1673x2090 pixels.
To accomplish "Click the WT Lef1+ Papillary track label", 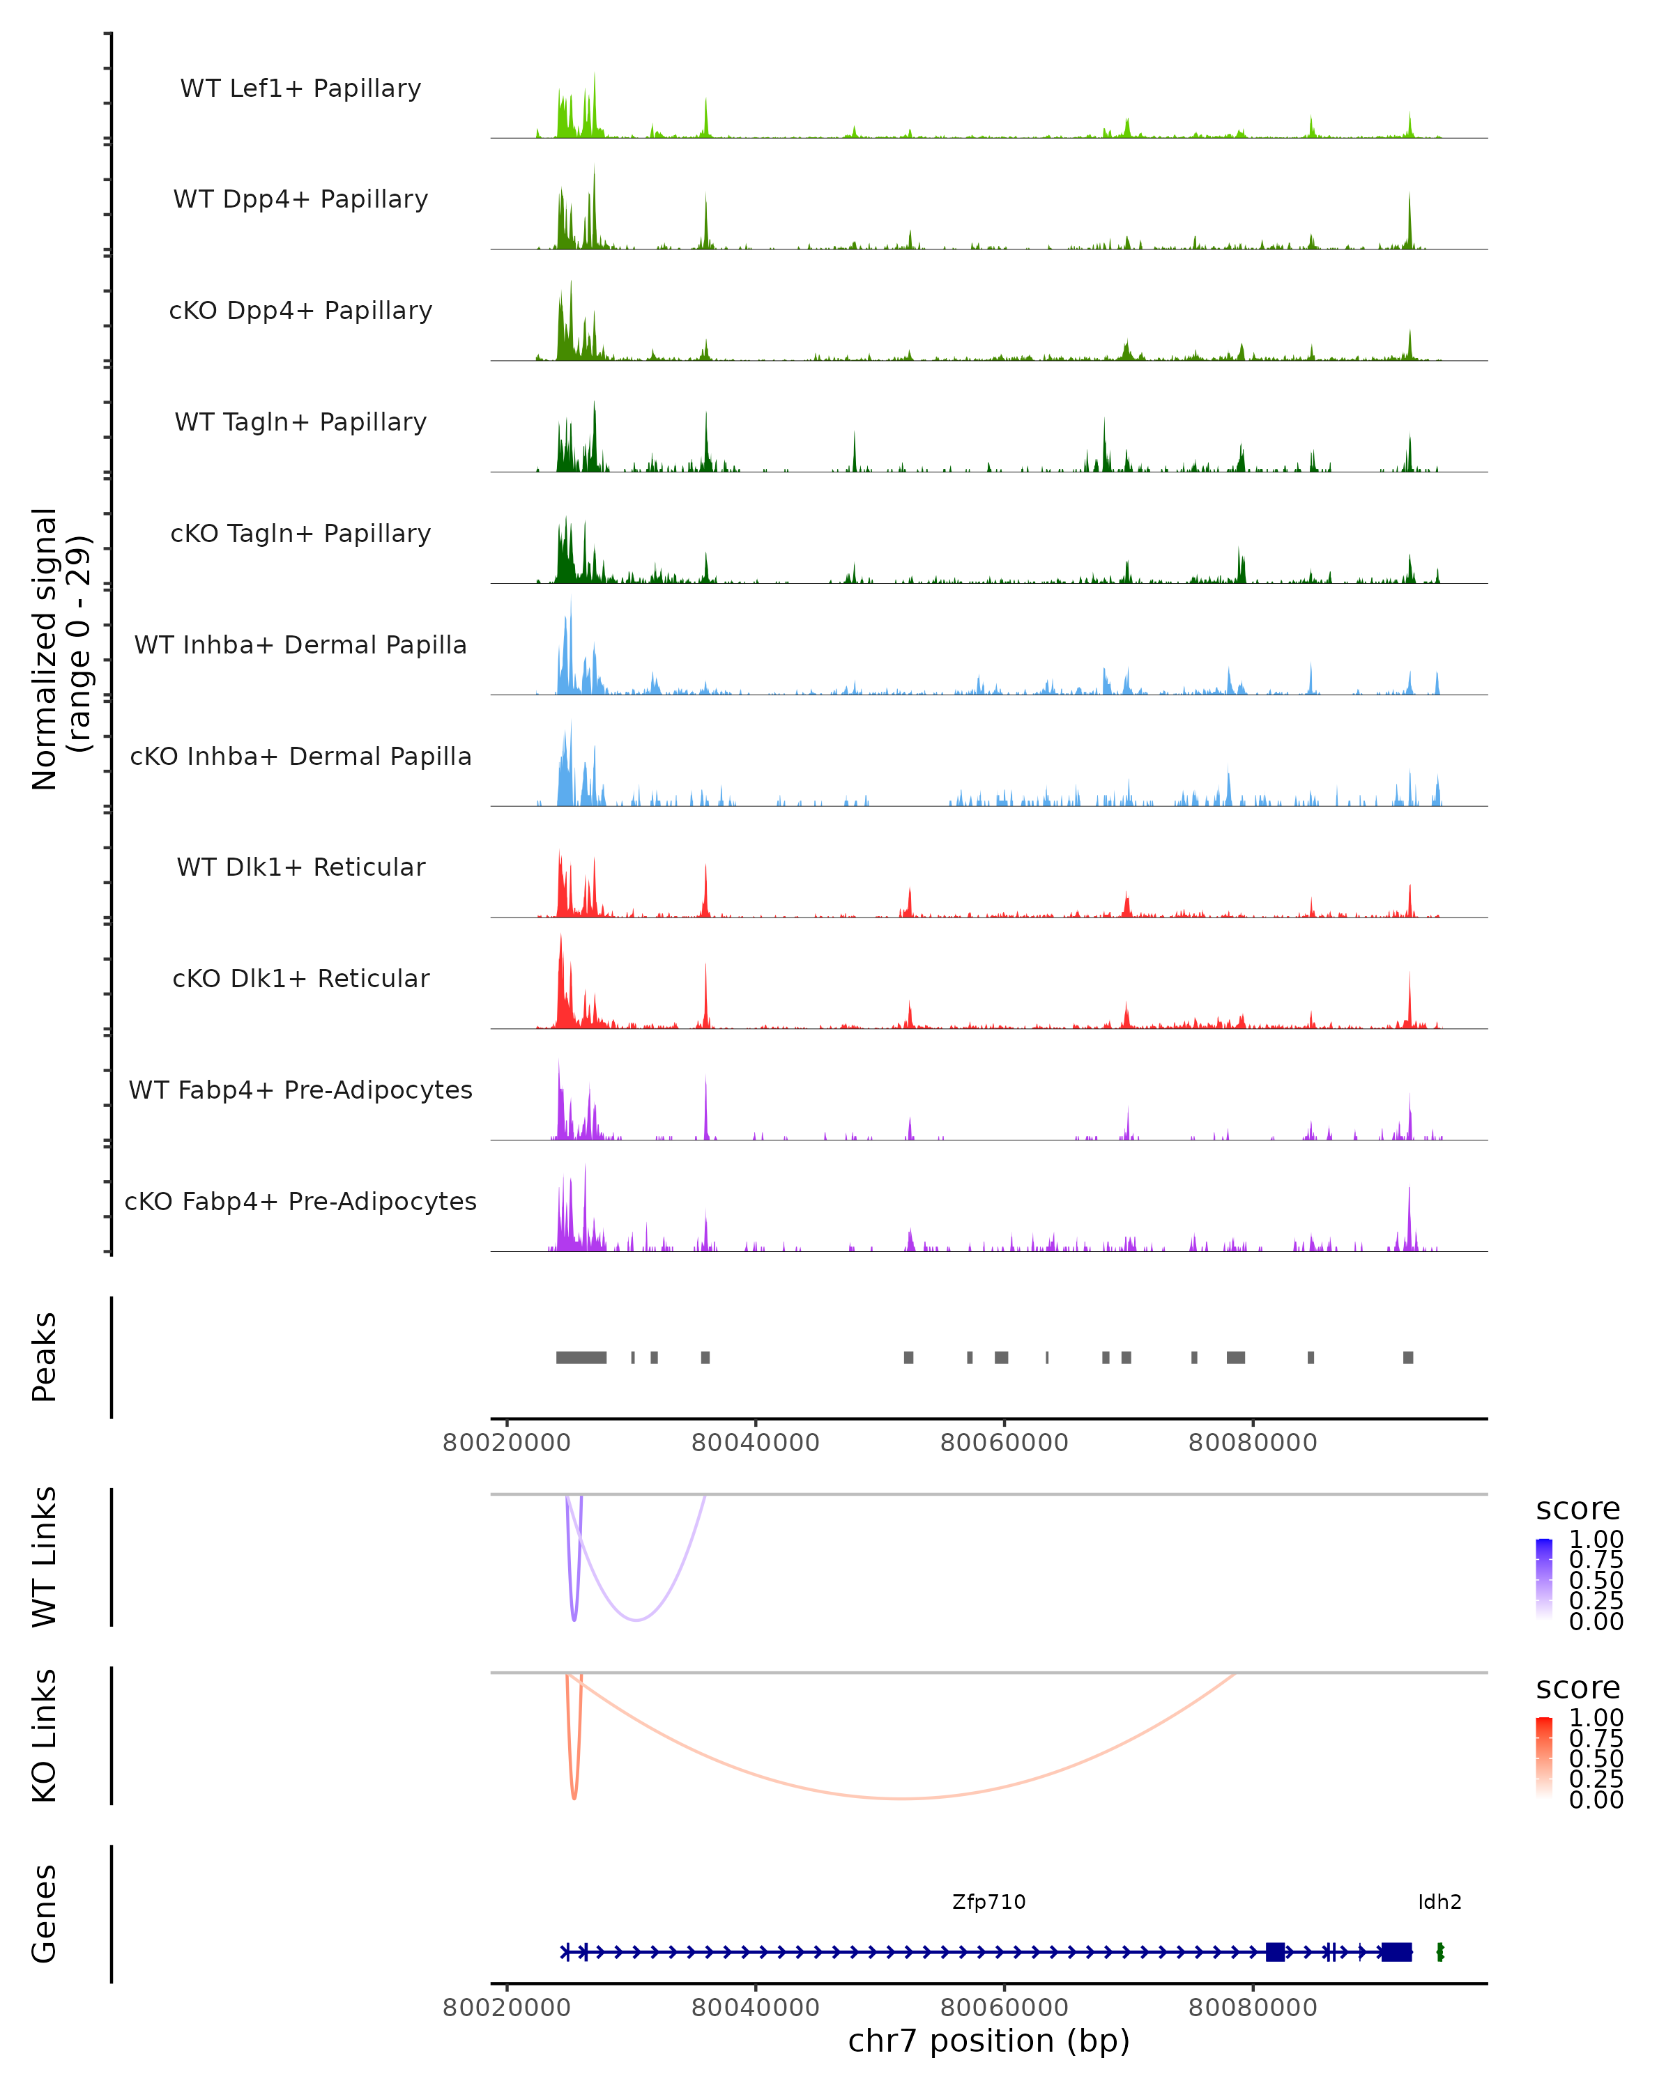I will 300,88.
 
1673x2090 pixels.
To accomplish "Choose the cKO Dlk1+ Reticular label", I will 300,978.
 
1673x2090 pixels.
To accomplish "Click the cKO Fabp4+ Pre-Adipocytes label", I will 300,1201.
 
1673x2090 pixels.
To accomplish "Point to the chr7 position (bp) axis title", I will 988,2041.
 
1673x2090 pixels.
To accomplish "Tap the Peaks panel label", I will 45,1357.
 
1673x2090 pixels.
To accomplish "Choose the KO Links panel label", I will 45,1736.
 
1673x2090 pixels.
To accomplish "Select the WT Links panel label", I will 45,1557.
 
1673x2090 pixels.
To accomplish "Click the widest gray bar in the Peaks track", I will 581,1357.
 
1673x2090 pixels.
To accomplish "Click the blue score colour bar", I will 1544,1578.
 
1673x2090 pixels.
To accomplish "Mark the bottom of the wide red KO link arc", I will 902,1798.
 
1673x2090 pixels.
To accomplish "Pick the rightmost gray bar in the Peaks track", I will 1407,1357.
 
